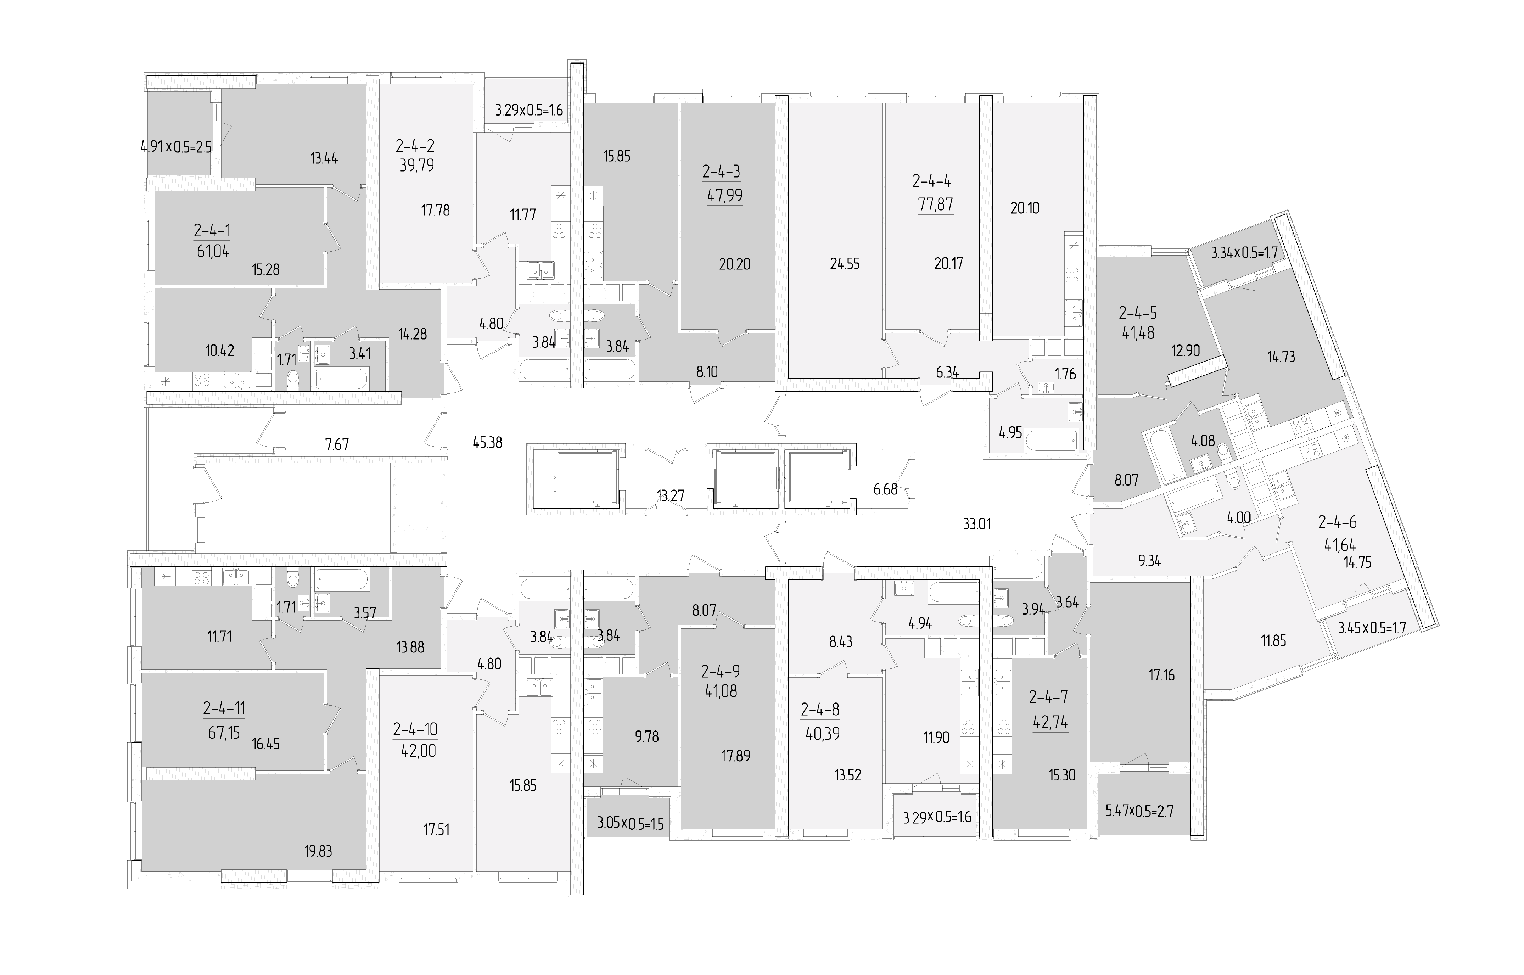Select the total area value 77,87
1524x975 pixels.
click(935, 204)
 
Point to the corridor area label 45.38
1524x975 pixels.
click(487, 443)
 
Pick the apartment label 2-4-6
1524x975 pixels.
click(1337, 522)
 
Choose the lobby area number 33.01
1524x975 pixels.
click(977, 524)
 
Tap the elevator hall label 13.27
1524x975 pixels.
click(671, 496)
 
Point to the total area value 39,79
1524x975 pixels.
click(416, 166)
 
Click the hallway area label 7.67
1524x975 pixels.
click(337, 444)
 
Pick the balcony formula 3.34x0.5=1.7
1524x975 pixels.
click(1244, 253)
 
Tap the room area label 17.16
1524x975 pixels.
click(1161, 675)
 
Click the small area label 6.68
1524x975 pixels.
click(885, 489)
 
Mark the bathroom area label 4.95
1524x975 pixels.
click(1010, 433)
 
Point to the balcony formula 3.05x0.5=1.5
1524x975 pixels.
click(631, 824)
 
